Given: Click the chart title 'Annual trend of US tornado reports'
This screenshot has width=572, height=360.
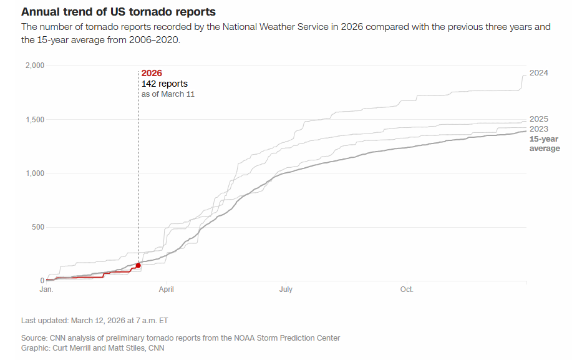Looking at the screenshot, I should coord(119,12).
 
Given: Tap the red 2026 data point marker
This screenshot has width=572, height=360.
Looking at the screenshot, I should coord(138,265).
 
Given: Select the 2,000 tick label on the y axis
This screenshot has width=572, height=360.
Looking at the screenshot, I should coord(34,66).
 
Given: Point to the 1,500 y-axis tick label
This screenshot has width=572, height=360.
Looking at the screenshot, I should coord(34,119).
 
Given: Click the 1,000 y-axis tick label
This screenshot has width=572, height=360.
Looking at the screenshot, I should coord(34,173).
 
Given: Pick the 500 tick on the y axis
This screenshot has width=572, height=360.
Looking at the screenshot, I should coord(37,226).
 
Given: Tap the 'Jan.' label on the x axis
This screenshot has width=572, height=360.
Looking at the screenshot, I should coord(46,289).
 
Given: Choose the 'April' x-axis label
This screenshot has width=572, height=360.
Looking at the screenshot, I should coord(167,289).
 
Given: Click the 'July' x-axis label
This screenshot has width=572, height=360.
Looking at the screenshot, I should coord(286,289).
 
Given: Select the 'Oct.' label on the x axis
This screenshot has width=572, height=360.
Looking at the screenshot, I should coord(407,289).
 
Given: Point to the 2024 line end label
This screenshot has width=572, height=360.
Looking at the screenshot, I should coord(539,73).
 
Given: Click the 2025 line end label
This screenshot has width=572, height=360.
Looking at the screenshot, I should coord(539,119).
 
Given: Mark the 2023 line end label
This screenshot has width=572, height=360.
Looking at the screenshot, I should coord(539,129).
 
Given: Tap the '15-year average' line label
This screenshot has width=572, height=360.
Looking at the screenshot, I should coord(545,144).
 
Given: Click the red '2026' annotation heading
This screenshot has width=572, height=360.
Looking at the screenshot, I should coord(152,73).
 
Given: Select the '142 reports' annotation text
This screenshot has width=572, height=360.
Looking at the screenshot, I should coord(165,84).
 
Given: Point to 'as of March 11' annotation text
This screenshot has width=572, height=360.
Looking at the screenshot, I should coord(168,94).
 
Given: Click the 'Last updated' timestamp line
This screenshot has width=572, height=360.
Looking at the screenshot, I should coord(94,320).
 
